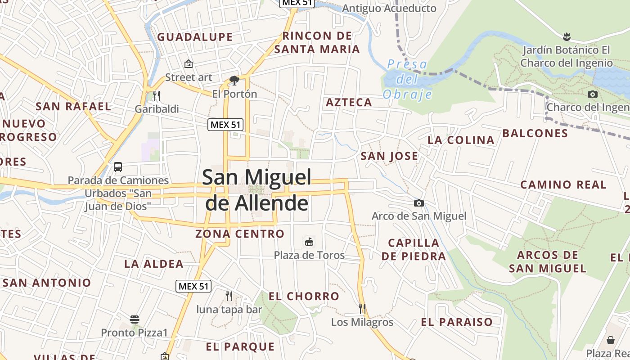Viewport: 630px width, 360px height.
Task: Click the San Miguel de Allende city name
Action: (256, 190)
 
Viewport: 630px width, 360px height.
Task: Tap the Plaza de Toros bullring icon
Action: (309, 242)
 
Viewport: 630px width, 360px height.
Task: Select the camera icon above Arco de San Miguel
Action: (419, 203)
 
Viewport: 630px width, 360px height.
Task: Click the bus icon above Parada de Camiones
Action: (118, 167)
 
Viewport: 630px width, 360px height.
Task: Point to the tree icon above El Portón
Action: (234, 81)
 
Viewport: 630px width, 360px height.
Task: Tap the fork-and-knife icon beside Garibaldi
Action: (157, 95)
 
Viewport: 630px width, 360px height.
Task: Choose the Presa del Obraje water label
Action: (407, 79)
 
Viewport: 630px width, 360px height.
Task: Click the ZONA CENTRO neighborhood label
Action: (240, 234)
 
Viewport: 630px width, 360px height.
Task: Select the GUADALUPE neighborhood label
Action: (195, 37)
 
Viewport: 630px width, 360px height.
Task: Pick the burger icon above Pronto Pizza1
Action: (135, 319)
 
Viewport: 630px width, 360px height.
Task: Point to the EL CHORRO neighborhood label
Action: (304, 296)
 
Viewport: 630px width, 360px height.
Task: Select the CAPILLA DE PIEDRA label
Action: (414, 249)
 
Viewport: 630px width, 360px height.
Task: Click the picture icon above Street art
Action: (189, 64)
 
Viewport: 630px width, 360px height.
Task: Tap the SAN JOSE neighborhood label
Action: (389, 156)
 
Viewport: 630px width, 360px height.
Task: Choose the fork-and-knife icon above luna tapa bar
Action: (229, 296)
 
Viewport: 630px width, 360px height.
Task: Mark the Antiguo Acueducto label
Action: (389, 8)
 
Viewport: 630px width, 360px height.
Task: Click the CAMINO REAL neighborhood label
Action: (563, 184)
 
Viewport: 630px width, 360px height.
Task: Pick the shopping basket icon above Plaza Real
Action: (611, 340)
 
